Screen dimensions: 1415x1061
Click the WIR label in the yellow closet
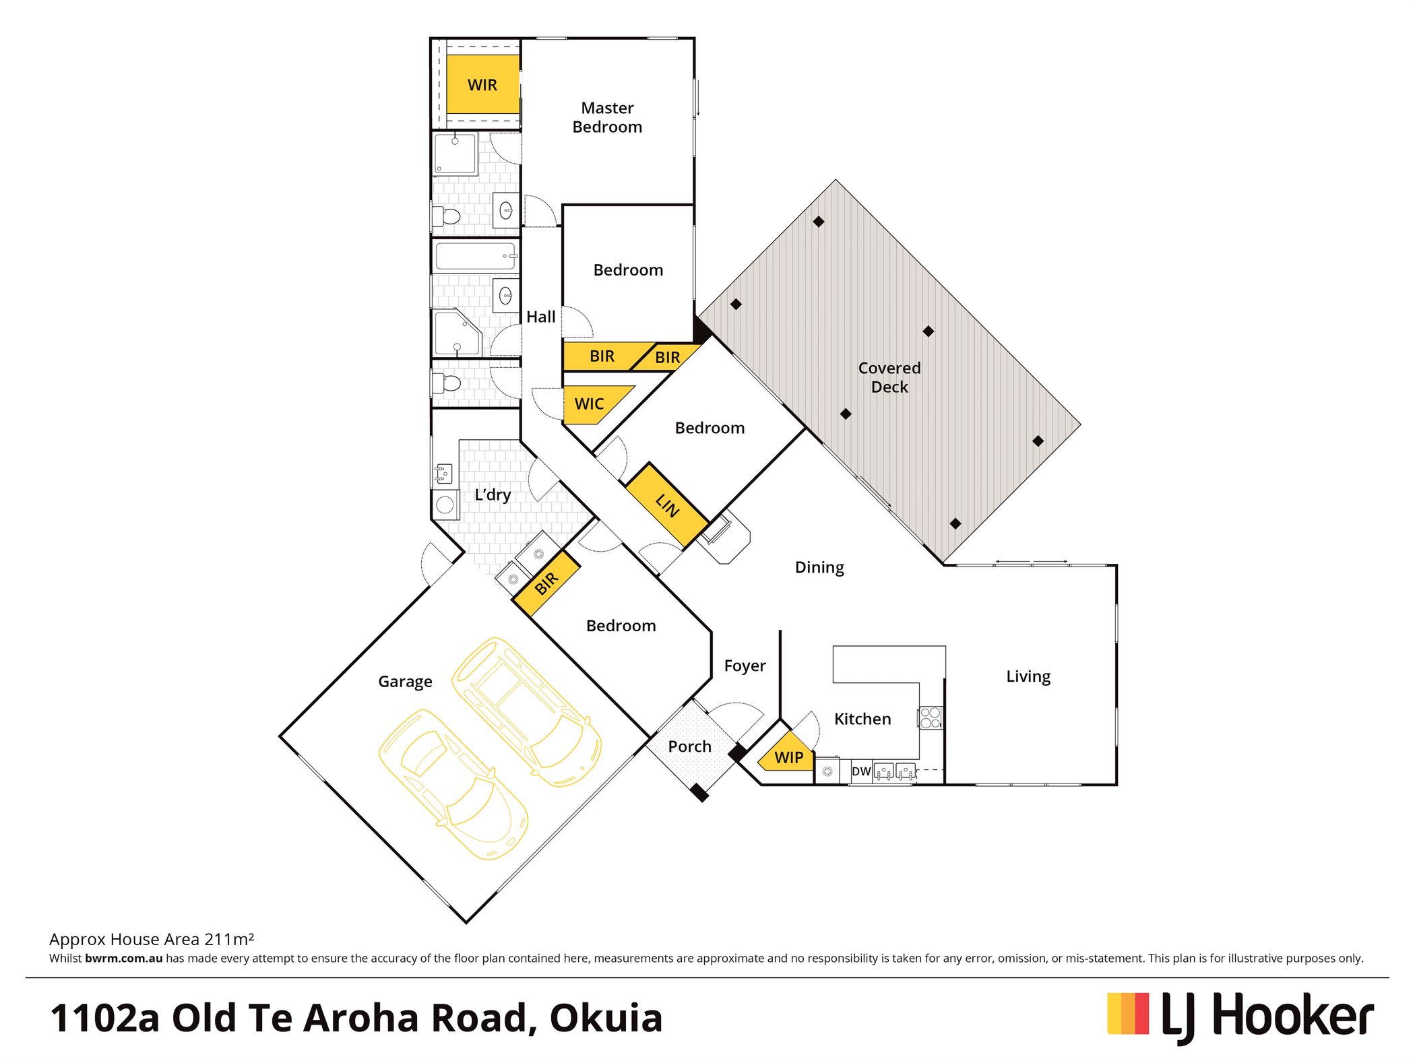pos(482,85)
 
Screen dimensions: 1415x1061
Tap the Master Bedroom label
pos(607,117)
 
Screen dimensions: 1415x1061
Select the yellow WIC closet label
pos(589,404)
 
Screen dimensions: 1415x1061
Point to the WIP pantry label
pos(789,757)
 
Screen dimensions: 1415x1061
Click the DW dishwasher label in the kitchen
pos(861,771)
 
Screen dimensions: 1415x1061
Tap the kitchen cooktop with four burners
pos(931,717)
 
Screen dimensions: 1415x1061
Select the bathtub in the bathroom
pos(476,256)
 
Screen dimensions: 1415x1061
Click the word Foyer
pos(745,666)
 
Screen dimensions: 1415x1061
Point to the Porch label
pos(689,746)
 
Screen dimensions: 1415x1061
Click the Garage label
pos(405,682)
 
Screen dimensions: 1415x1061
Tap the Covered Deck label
pos(889,377)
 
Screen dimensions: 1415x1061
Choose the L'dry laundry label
pos(493,494)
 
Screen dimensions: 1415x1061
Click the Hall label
pos(540,317)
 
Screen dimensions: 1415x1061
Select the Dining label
pos(819,567)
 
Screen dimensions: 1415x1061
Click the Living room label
pos(1028,676)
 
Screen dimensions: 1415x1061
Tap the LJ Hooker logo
pos(1240,1017)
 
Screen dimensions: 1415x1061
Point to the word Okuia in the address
pos(606,1018)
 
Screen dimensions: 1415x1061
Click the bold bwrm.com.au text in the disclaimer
pos(124,958)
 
